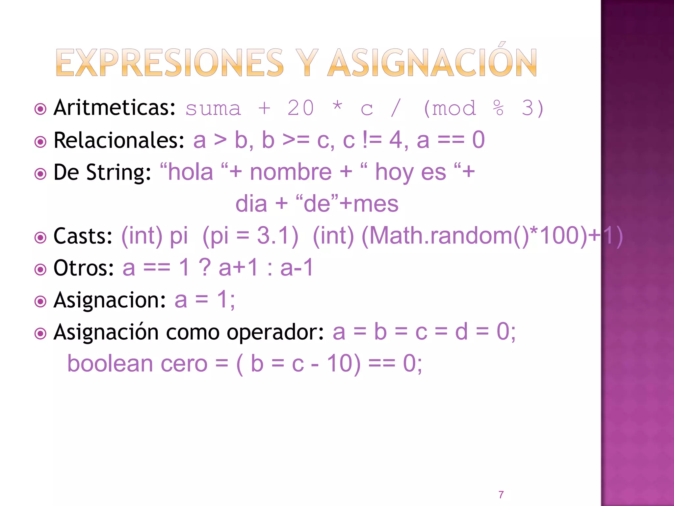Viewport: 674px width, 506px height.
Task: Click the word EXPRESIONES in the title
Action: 169,63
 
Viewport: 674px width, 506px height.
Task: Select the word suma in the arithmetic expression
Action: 213,109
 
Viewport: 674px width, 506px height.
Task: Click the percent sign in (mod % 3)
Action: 498,108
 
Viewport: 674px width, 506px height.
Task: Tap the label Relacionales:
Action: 119,140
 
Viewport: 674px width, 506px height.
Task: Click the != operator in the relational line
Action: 372,140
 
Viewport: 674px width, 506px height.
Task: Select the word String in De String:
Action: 118,173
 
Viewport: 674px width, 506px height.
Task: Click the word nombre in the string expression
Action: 291,172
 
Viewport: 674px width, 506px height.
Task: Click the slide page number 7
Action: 501,494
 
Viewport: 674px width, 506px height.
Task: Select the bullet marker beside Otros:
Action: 40,269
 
